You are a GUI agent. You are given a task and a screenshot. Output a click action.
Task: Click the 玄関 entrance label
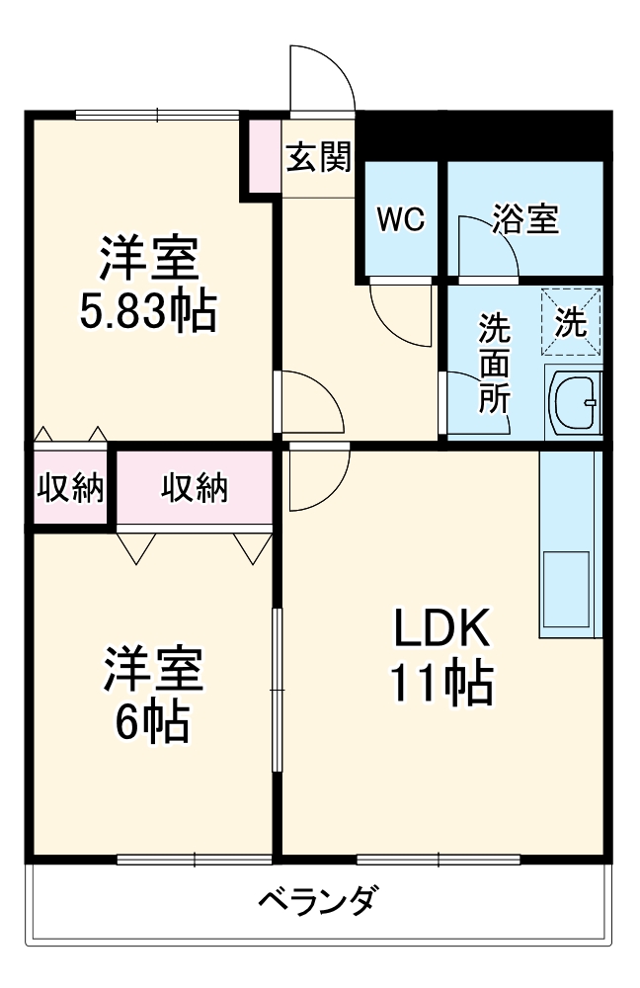319,156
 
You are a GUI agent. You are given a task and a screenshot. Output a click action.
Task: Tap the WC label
401,219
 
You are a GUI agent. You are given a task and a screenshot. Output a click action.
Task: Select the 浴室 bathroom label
524,218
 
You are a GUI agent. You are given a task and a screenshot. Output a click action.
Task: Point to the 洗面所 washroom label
495,363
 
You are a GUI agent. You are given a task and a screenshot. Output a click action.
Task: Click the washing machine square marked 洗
571,321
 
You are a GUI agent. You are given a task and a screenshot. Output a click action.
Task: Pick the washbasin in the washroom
576,401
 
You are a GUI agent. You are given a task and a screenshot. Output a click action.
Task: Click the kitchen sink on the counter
566,589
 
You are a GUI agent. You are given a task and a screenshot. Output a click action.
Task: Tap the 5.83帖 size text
148,310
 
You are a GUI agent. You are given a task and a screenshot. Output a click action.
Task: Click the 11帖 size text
441,683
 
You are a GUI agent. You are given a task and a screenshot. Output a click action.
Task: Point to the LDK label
441,627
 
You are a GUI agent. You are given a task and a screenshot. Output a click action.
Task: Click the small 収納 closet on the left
70,488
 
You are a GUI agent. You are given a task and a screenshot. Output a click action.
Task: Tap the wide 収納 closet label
194,488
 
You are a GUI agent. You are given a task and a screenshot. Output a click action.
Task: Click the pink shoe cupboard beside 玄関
265,155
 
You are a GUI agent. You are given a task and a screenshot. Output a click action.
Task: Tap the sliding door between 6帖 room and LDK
277,690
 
